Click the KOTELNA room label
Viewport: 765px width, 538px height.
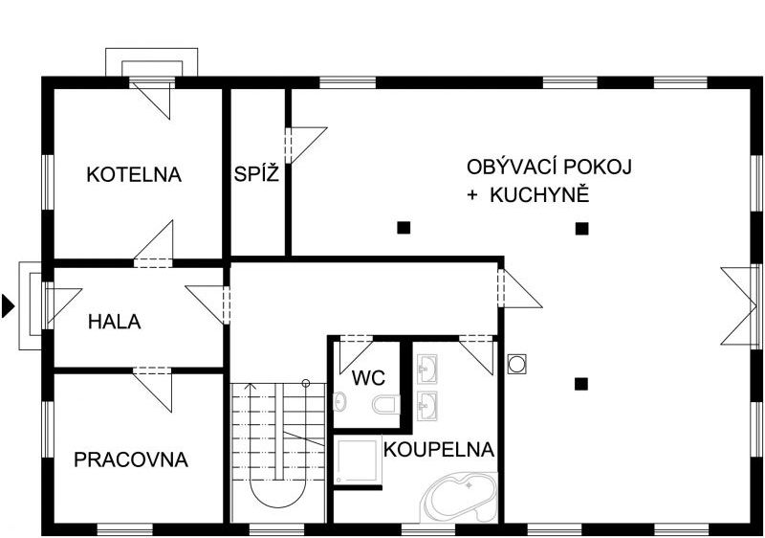coord(134,175)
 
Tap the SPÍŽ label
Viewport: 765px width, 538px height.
coord(256,174)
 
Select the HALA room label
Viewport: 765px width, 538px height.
coord(115,322)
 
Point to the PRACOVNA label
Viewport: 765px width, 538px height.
coord(131,460)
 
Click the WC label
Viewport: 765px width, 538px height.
coord(368,378)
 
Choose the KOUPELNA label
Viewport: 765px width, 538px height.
coord(439,450)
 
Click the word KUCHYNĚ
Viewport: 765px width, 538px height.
coord(539,195)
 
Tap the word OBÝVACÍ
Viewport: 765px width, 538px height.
coord(513,167)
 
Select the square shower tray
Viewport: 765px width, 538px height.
coord(358,460)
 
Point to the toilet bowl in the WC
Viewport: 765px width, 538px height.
coord(386,404)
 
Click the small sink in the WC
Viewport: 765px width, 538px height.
coord(340,402)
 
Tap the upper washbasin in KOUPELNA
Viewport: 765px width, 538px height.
coord(427,370)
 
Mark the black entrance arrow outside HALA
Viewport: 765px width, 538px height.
coord(8,306)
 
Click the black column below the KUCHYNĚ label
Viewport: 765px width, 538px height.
coord(581,229)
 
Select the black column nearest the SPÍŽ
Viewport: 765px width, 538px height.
coord(404,228)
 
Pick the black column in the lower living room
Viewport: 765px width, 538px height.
coord(580,384)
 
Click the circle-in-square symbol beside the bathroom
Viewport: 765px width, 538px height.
coord(516,363)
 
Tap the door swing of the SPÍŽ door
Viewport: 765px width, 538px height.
coord(306,145)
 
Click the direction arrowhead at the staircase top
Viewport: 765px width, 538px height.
coord(251,386)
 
